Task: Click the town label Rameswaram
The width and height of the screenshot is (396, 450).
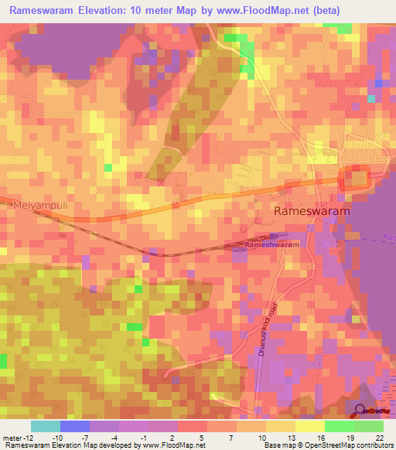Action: pos(312,210)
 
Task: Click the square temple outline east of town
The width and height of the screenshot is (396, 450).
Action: pos(358,178)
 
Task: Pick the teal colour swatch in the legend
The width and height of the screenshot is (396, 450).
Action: pos(46,426)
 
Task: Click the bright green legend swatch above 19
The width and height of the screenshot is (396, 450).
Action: pos(340,426)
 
